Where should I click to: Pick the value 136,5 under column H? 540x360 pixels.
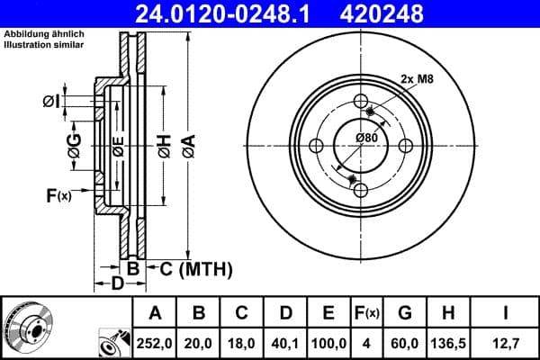pyautogui.click(x=448, y=342)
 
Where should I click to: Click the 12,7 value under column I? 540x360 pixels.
pyautogui.click(x=506, y=342)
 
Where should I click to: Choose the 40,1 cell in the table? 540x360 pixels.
pyautogui.click(x=285, y=342)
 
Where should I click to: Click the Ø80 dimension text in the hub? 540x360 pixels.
pyautogui.click(x=365, y=137)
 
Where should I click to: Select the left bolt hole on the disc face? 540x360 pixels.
pyautogui.click(x=315, y=147)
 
